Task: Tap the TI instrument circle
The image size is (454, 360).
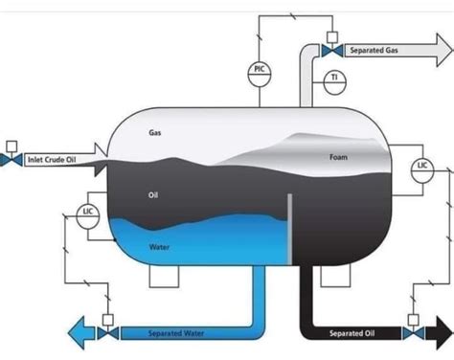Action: tap(333, 78)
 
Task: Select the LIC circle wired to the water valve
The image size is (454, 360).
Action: tap(87, 212)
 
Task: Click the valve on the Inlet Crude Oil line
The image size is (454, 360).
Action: tap(10, 160)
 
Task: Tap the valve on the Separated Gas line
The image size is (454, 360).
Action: tap(330, 50)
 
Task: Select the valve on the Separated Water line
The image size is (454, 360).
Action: tap(107, 333)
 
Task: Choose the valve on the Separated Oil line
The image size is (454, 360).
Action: tap(414, 333)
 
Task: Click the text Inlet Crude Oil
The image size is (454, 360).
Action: tap(51, 160)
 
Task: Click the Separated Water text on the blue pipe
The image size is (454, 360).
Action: tap(175, 333)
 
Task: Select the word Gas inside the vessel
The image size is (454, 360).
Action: tap(154, 133)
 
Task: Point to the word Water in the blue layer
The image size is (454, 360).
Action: tap(160, 246)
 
